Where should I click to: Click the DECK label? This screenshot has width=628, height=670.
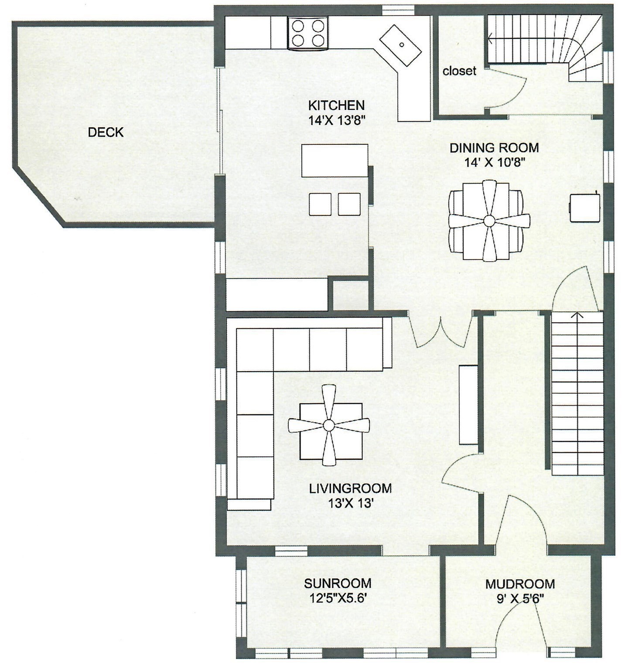pyautogui.click(x=106, y=132)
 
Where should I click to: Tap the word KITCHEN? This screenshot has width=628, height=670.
pyautogui.click(x=336, y=105)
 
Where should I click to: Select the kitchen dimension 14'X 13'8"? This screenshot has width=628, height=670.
pyautogui.click(x=336, y=120)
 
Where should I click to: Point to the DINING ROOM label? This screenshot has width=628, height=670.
pyautogui.click(x=494, y=148)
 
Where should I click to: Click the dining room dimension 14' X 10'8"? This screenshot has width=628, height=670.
pyautogui.click(x=494, y=163)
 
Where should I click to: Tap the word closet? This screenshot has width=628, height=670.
pyautogui.click(x=459, y=71)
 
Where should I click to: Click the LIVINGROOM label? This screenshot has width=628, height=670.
pyautogui.click(x=350, y=488)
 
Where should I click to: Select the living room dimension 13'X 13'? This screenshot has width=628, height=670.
pyautogui.click(x=350, y=503)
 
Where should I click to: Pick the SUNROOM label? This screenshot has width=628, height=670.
pyautogui.click(x=338, y=583)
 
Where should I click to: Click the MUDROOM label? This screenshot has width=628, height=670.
pyautogui.click(x=520, y=584)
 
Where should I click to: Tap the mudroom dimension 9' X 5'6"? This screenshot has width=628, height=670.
pyautogui.click(x=520, y=598)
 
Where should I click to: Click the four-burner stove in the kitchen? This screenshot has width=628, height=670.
pyautogui.click(x=308, y=34)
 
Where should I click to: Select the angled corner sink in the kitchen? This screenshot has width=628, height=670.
pyautogui.click(x=400, y=45)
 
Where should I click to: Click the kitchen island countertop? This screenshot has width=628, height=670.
pyautogui.click(x=334, y=161)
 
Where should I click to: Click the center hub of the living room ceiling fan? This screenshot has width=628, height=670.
pyautogui.click(x=329, y=425)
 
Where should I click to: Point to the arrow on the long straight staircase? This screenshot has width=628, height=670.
pyautogui.click(x=577, y=315)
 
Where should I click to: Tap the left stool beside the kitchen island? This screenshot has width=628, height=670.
pyautogui.click(x=320, y=204)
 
